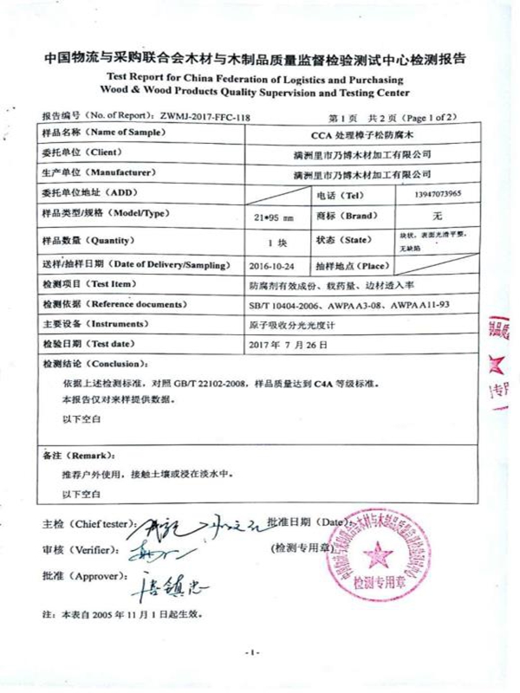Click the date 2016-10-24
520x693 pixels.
[266, 265]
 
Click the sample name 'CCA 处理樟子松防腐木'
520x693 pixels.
[360, 134]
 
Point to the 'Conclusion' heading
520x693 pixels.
[100, 364]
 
